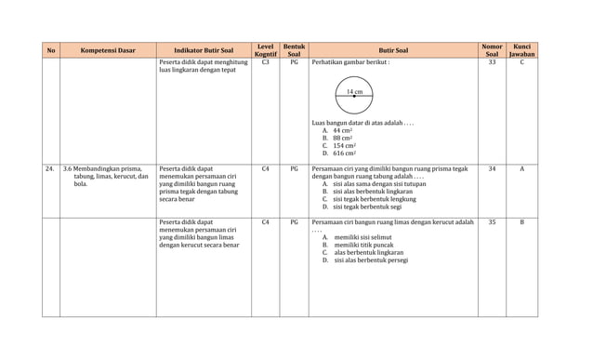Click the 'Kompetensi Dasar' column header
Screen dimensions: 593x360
[x=109, y=50]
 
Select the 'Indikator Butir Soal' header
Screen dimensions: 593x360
[x=204, y=50]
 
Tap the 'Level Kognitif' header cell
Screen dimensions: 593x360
[x=265, y=50]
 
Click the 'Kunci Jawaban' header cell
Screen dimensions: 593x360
[x=521, y=50]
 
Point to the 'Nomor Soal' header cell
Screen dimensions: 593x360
[x=492, y=50]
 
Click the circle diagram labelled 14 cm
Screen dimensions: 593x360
[x=353, y=94]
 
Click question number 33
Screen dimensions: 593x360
[x=492, y=62]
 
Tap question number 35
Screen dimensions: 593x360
[x=492, y=222]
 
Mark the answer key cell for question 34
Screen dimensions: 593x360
[x=521, y=169]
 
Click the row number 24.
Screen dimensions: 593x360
[x=49, y=169]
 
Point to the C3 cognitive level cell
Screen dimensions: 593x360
[x=265, y=62]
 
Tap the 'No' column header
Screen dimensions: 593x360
[x=50, y=50]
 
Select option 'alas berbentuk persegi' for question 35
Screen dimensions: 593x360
[x=365, y=260]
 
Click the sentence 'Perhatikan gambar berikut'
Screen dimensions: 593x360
[x=350, y=63]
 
